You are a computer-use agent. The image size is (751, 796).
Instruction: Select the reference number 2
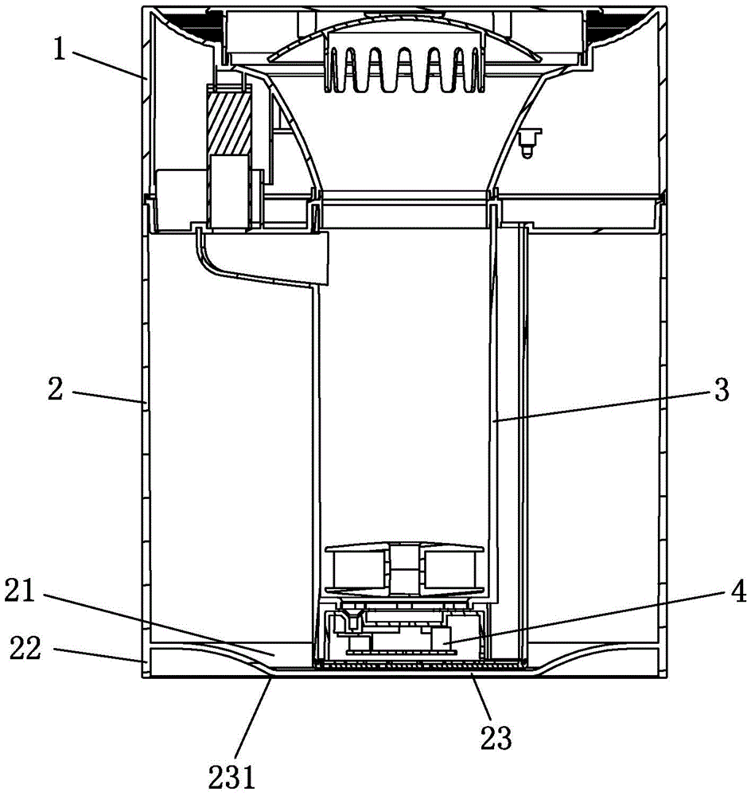(x=56, y=389)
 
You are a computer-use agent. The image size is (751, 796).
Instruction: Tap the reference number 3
(x=721, y=390)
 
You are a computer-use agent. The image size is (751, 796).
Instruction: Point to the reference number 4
(x=739, y=592)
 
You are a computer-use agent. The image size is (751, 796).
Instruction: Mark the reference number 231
(x=232, y=776)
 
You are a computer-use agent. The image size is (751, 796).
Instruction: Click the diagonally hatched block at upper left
(x=229, y=121)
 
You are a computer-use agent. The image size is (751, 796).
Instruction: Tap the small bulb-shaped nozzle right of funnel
(x=529, y=142)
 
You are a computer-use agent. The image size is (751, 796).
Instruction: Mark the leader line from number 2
(x=108, y=397)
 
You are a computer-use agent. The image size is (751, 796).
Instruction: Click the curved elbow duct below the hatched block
(x=262, y=258)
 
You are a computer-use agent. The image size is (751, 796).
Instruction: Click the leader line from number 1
(x=107, y=64)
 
